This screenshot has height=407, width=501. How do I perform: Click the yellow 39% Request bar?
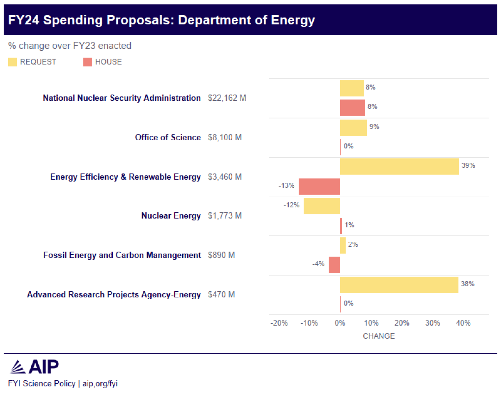399,167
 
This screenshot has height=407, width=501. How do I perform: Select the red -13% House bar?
319,186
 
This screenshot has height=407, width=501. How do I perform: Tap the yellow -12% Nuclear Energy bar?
322,206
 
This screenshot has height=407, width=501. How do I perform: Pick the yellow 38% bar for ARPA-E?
399,285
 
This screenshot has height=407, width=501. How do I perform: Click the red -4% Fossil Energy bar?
334,265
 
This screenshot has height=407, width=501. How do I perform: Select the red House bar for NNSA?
352,108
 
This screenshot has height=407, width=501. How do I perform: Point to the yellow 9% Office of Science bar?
353,128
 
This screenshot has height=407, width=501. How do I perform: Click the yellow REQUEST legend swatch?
13,62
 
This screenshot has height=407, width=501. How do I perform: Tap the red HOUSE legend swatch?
88,62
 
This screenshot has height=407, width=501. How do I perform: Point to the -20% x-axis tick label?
279,323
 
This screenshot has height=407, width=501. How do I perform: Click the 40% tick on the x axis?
463,323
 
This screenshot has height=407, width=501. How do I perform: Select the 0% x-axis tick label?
340,323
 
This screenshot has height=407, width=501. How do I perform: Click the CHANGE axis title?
378,336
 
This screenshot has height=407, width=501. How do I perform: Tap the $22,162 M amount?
227,98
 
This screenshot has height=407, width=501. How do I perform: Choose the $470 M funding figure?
221,295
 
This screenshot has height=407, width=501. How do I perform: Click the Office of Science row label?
168,138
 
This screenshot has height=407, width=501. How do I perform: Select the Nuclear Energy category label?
171,216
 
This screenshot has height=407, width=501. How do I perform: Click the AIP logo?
34,367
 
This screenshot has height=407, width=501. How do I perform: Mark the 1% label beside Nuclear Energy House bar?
349,225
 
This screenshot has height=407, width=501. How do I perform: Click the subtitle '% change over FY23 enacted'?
70,46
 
